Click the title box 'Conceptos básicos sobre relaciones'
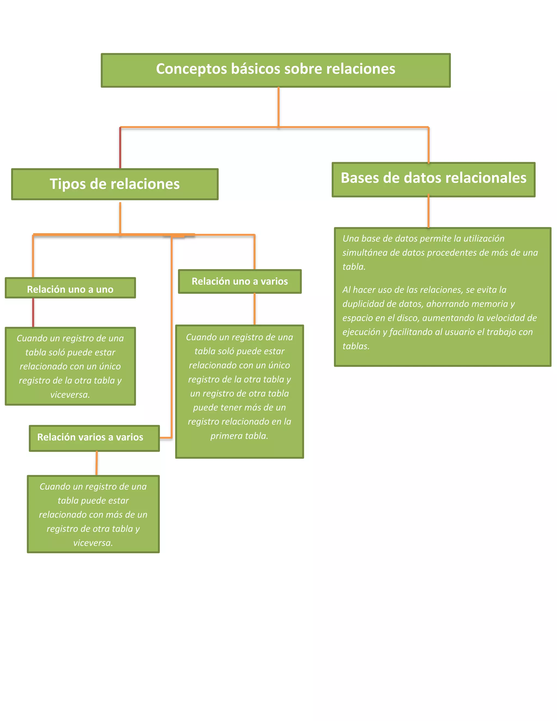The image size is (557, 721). pos(276,70)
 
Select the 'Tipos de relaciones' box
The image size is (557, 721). pos(115,184)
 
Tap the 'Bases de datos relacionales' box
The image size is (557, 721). pos(433,180)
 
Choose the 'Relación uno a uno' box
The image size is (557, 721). pos(70,288)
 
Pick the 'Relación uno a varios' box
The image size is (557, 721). pos(240,282)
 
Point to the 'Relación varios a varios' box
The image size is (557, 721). pos(94,438)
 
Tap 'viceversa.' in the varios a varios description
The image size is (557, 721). pos(93,543)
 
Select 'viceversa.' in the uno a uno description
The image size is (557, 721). pos(70,395)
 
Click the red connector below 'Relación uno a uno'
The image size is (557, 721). pos(33,312)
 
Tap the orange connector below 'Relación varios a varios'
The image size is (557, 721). pos(97,463)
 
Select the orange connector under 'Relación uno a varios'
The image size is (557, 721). pos(254,309)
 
